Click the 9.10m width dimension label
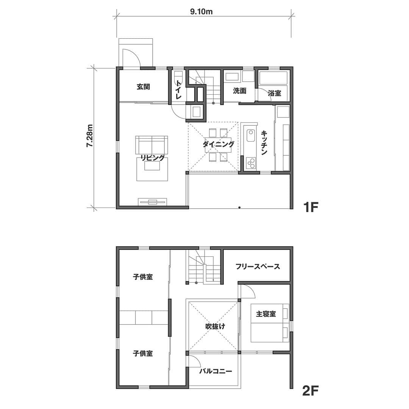coord(201,12)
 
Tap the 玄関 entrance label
coord(143,87)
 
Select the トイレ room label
coord(179,89)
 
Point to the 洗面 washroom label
coord(239,91)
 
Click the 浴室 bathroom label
coord(275,93)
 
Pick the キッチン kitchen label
coord(264,143)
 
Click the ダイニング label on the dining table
coord(219,144)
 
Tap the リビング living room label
coord(153,158)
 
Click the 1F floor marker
coord(311,208)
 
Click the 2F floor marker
coord(311,390)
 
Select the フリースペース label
coord(258,266)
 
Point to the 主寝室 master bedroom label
coord(266,314)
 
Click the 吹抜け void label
coord(215,326)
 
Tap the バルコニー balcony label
coord(216,371)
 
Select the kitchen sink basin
coord(250,136)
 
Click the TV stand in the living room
coord(153,201)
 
